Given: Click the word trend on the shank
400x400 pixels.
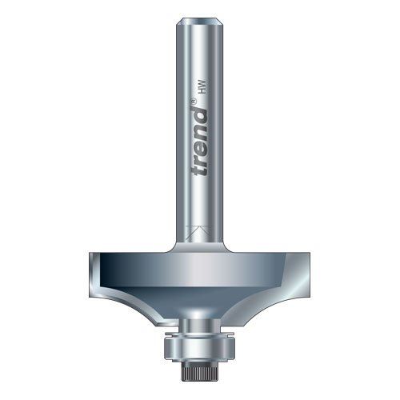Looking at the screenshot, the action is click(x=199, y=142).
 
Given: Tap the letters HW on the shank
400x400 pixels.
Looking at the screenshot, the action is click(x=203, y=88).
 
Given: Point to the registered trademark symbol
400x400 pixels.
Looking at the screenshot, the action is click(x=194, y=102).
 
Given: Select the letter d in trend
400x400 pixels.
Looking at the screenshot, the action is click(x=199, y=114).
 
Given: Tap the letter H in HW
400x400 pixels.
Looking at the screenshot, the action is click(x=203, y=91).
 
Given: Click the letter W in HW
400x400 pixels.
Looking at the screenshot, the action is click(x=203, y=85).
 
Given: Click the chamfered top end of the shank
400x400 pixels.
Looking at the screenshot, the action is click(x=200, y=22).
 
